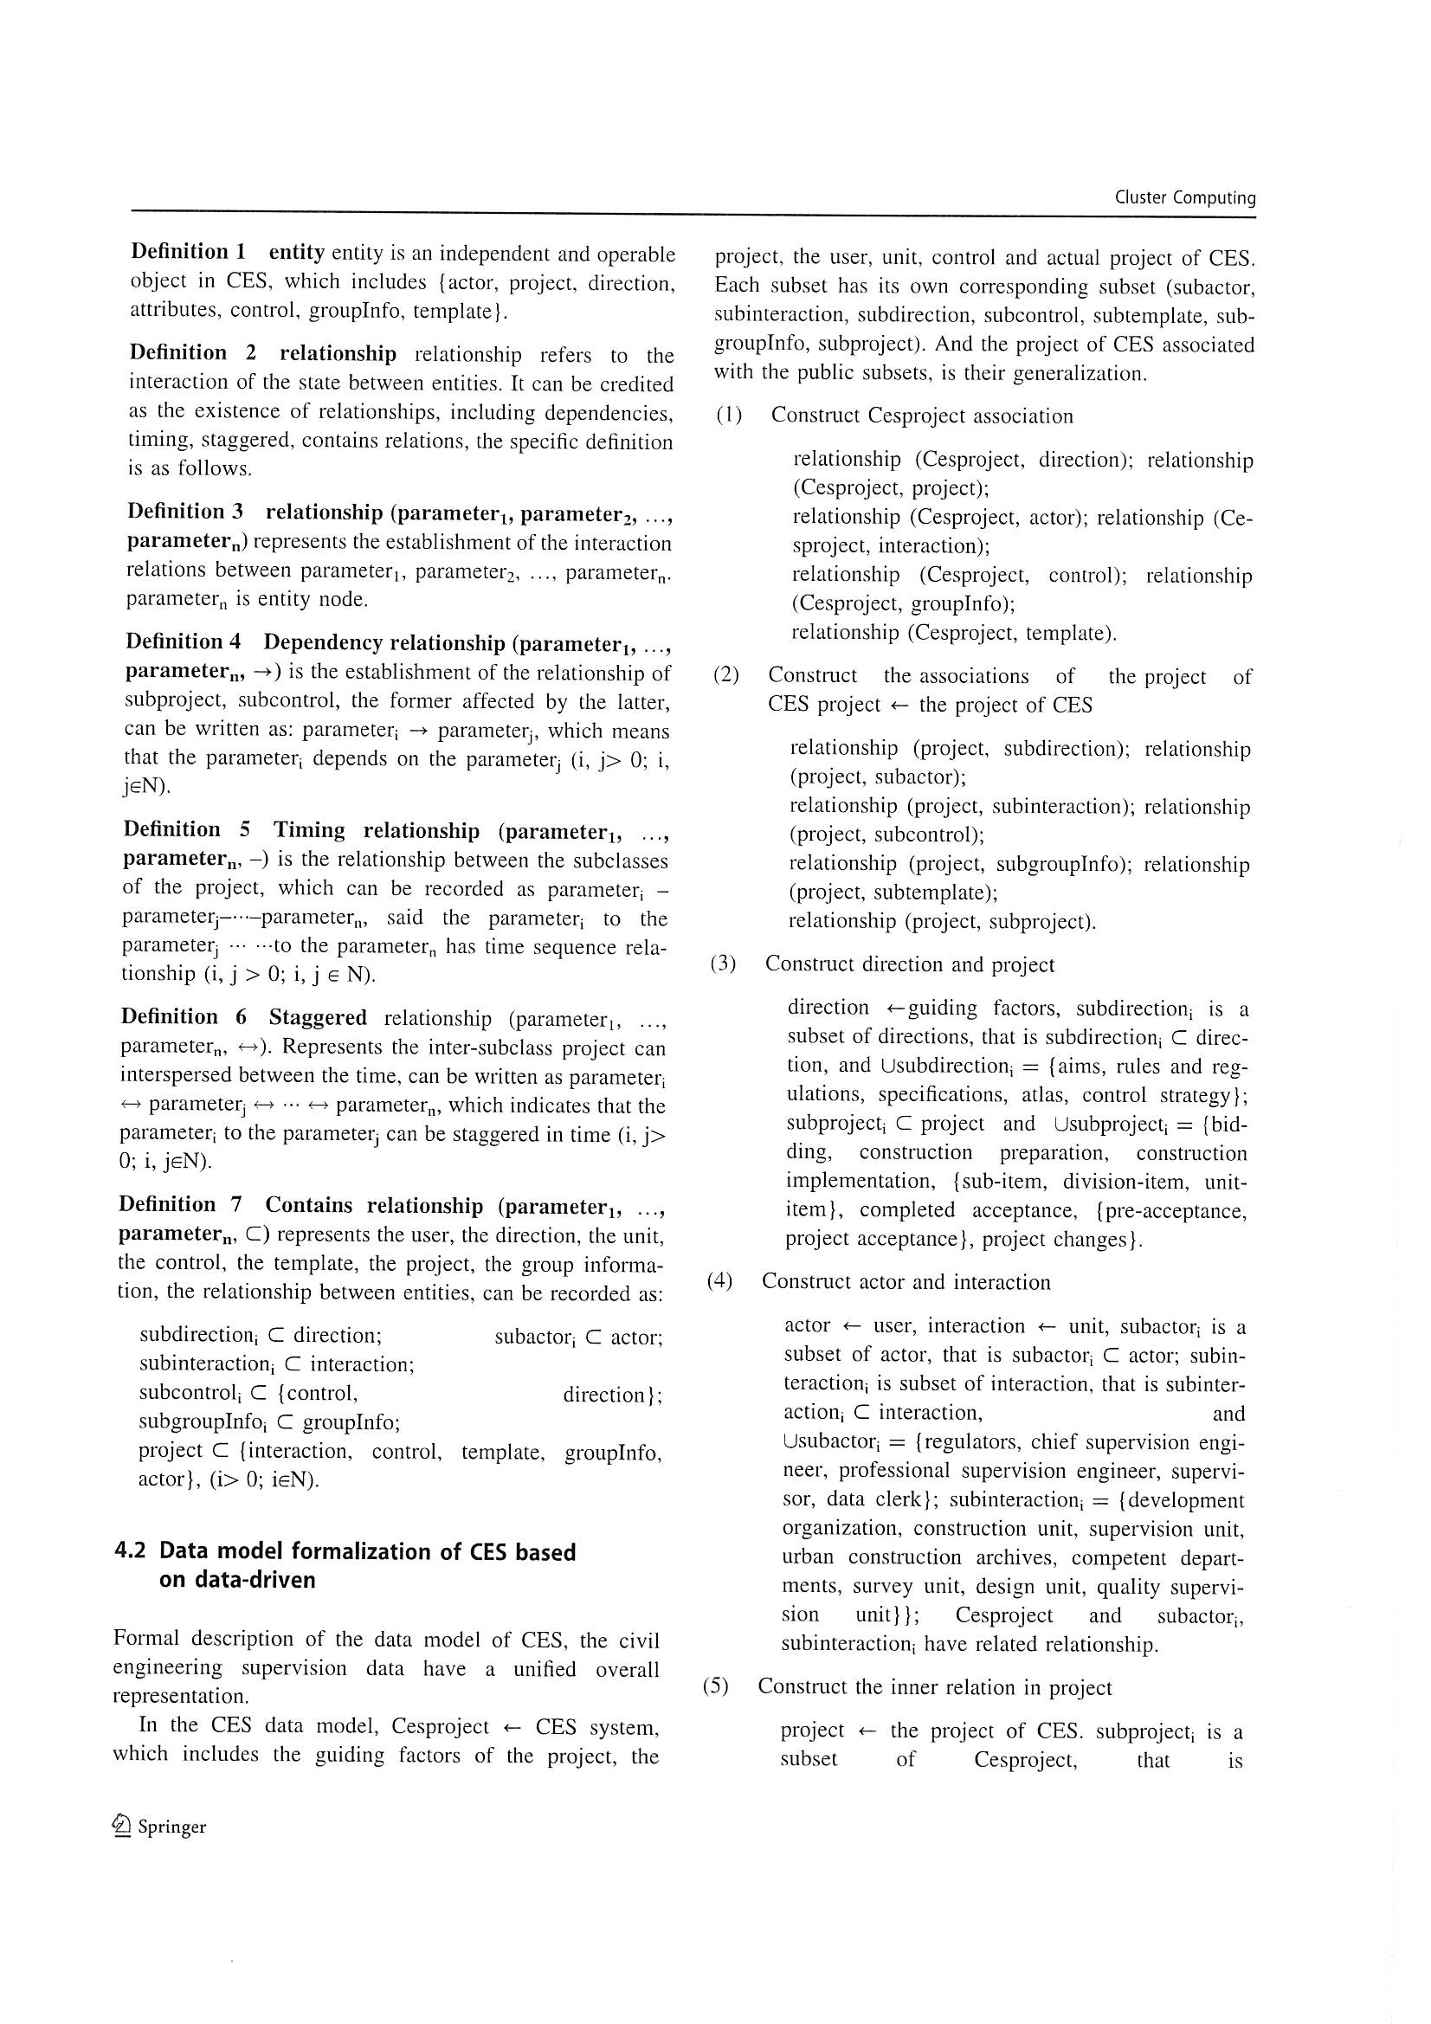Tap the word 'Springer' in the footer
click(x=172, y=1827)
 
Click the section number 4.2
click(x=131, y=1551)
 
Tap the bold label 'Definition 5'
click(x=186, y=829)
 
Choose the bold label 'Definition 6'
click(x=184, y=1016)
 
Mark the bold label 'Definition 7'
click(x=180, y=1204)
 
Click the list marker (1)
click(x=729, y=416)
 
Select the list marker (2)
click(x=725, y=675)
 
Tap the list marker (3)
click(x=723, y=964)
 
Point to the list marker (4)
click(x=719, y=1281)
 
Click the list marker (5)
click(x=716, y=1686)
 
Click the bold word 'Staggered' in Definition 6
click(x=318, y=1017)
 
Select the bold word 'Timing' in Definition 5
click(x=307, y=830)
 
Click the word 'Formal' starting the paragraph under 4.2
click(x=144, y=1638)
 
